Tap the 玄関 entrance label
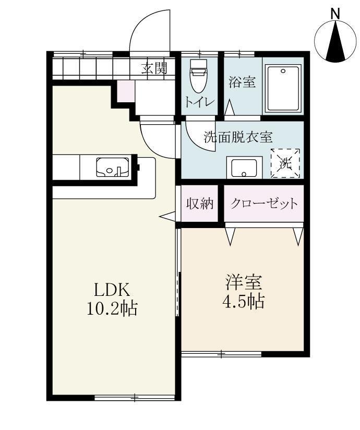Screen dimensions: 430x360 pyautogui.click(x=154, y=68)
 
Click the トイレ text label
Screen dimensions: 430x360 pyautogui.click(x=198, y=102)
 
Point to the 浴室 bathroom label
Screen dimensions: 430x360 pyautogui.click(x=243, y=82)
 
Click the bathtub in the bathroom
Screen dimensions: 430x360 pyautogui.click(x=283, y=88)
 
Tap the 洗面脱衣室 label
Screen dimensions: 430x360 pyautogui.click(x=238, y=137)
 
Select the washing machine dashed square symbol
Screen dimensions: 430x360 pyautogui.click(x=285, y=163)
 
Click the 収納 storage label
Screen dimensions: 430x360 pyautogui.click(x=201, y=204)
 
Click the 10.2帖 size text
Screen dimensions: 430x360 pyautogui.click(x=112, y=309)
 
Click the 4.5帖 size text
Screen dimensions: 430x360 pyautogui.click(x=244, y=302)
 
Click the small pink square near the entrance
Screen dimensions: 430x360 pyautogui.click(x=125, y=92)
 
